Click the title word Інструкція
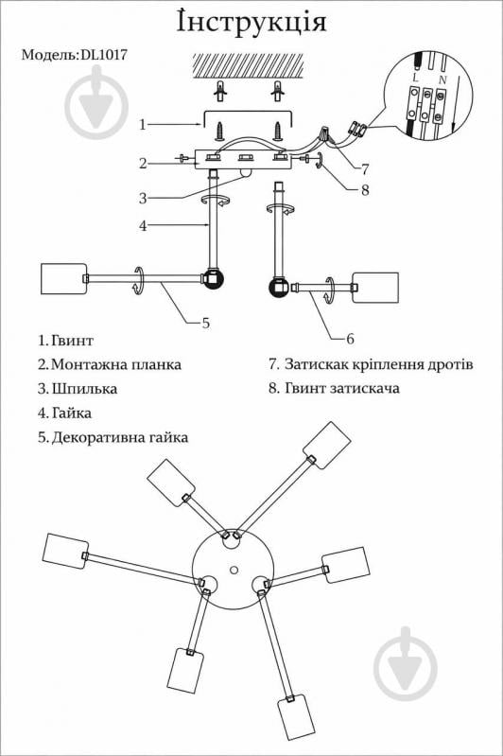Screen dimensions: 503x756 pos(251,22)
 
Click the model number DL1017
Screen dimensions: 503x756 pos(104,55)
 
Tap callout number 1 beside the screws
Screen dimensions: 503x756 pos(143,124)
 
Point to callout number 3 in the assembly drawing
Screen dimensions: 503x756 pos(143,198)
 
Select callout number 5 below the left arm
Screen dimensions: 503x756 pos(206,323)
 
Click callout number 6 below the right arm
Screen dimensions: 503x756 pos(350,339)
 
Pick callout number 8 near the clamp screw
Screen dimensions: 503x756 pos(365,190)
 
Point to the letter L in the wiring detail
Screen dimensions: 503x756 pos(416,77)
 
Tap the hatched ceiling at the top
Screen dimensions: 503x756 pos(248,66)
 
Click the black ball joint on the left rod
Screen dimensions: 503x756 pos(213,279)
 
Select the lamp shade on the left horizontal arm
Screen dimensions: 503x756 pos(63,279)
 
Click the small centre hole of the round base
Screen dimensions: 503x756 pos(234,571)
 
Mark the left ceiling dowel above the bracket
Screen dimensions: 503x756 pos(221,91)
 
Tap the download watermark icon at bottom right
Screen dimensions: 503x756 pos(406,663)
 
